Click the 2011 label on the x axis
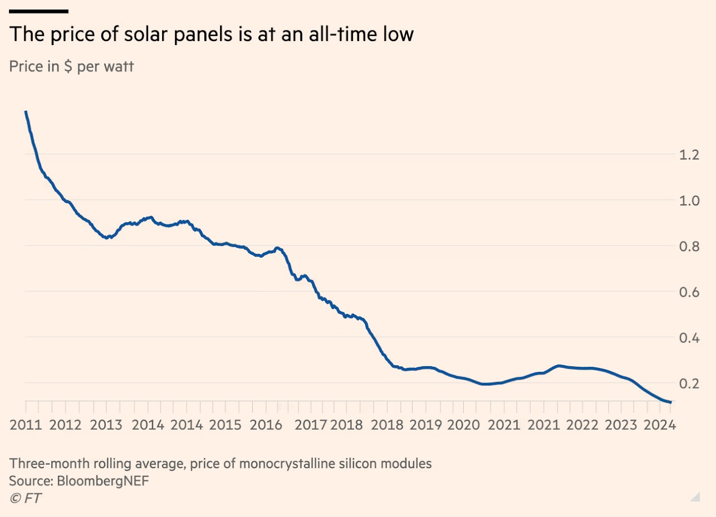pyautogui.click(x=26, y=424)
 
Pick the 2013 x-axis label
pyautogui.click(x=107, y=424)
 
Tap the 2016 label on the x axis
pyautogui.click(x=266, y=424)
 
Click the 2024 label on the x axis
pyautogui.click(x=660, y=424)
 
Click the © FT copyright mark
pyautogui.click(x=25, y=498)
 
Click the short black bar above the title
pyautogui.click(x=39, y=11)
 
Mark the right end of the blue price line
pyautogui.click(x=670, y=402)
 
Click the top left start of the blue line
pyautogui.click(x=26, y=112)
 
